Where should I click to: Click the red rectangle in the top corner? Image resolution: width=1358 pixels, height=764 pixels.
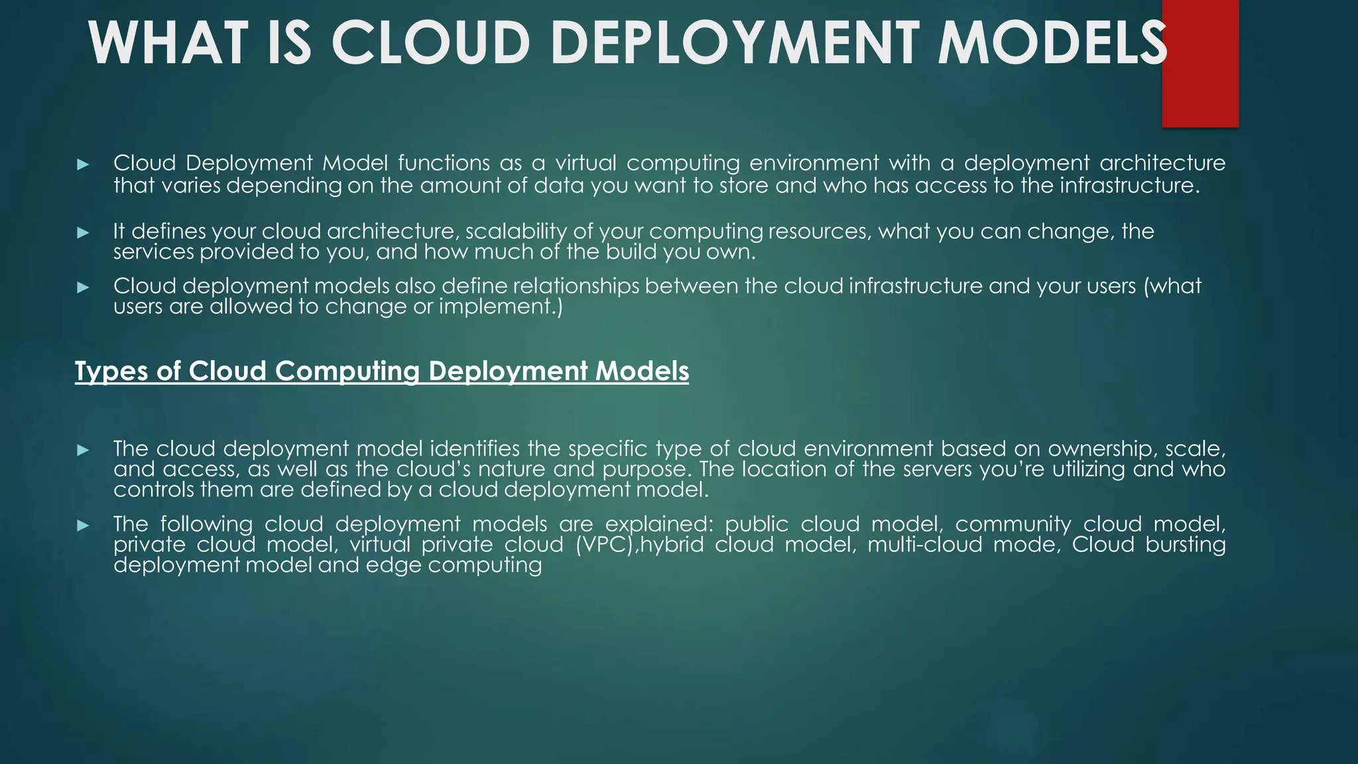point(1200,64)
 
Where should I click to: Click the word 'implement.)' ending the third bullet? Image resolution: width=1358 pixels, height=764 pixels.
point(501,306)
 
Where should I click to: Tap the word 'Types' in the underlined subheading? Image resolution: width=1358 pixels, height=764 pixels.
point(109,371)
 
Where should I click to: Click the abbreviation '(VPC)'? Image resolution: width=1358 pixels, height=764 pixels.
point(605,544)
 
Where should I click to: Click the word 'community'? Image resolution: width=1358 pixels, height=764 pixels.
point(1013,524)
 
